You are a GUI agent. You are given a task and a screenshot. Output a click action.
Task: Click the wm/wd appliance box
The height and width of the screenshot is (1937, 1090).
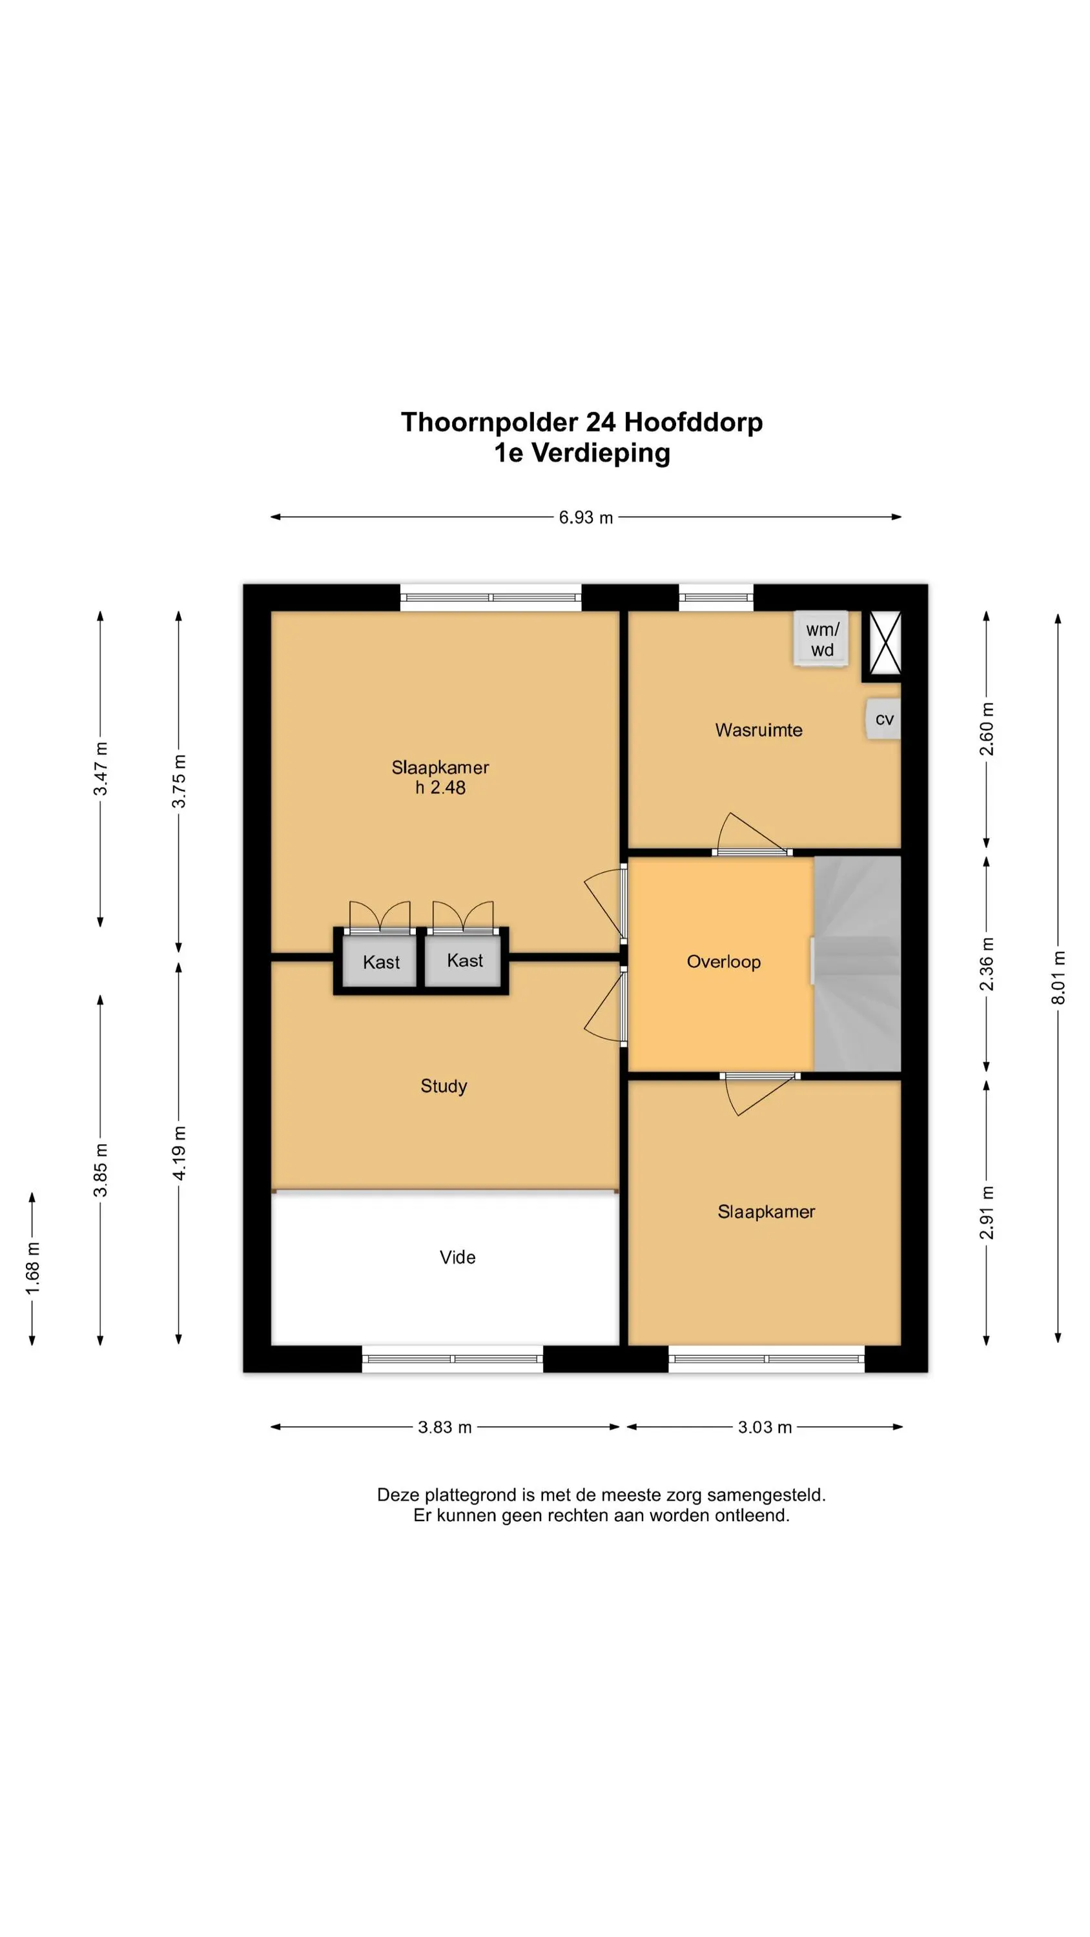821,639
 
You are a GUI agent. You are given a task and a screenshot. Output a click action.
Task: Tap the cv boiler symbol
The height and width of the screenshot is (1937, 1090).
883,719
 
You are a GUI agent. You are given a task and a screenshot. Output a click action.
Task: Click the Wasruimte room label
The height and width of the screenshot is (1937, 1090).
758,730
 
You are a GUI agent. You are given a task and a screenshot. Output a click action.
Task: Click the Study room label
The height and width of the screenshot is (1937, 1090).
444,1086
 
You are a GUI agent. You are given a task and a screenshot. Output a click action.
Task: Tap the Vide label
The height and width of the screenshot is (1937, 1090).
457,1256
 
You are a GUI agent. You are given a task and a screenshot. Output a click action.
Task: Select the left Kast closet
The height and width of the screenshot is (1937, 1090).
380,961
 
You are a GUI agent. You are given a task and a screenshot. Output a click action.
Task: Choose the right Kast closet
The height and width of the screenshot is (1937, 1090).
464,960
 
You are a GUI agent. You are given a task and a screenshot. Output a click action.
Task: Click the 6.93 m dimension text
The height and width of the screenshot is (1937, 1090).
585,517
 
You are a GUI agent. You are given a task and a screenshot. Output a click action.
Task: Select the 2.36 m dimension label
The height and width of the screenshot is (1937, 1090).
987,964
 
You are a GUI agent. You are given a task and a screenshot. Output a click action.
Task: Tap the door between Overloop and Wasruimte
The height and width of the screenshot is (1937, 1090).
752,835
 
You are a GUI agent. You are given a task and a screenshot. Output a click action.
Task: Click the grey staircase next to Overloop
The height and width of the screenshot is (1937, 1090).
858,963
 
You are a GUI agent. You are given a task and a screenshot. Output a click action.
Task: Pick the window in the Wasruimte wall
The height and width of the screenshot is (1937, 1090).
716,598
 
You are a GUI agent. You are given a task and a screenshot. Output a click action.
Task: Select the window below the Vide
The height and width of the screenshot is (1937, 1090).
452,1358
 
